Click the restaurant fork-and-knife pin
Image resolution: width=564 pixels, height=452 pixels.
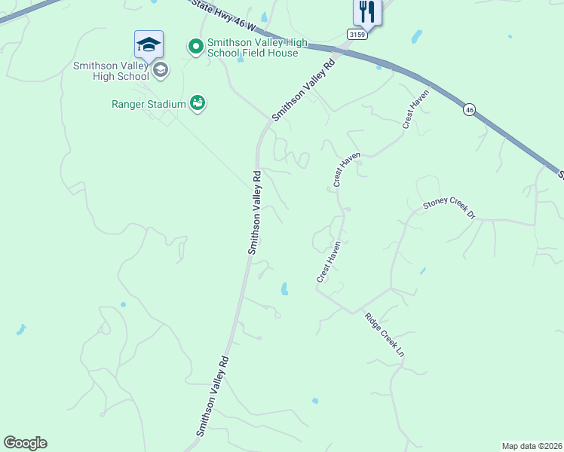coord(368,11)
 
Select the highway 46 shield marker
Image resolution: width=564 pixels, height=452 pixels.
coord(470,109)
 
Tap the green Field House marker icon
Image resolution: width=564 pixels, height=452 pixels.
coord(196,47)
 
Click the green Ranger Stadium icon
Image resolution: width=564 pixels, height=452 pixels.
coord(198,102)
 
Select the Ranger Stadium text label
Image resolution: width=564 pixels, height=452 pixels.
coord(150,103)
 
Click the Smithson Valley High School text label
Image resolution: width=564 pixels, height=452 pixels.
coord(111,71)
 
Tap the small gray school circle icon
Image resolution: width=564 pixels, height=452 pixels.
coord(160,71)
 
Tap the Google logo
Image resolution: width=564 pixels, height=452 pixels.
coord(25,443)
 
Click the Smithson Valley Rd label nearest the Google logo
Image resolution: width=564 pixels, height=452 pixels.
coord(213,395)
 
